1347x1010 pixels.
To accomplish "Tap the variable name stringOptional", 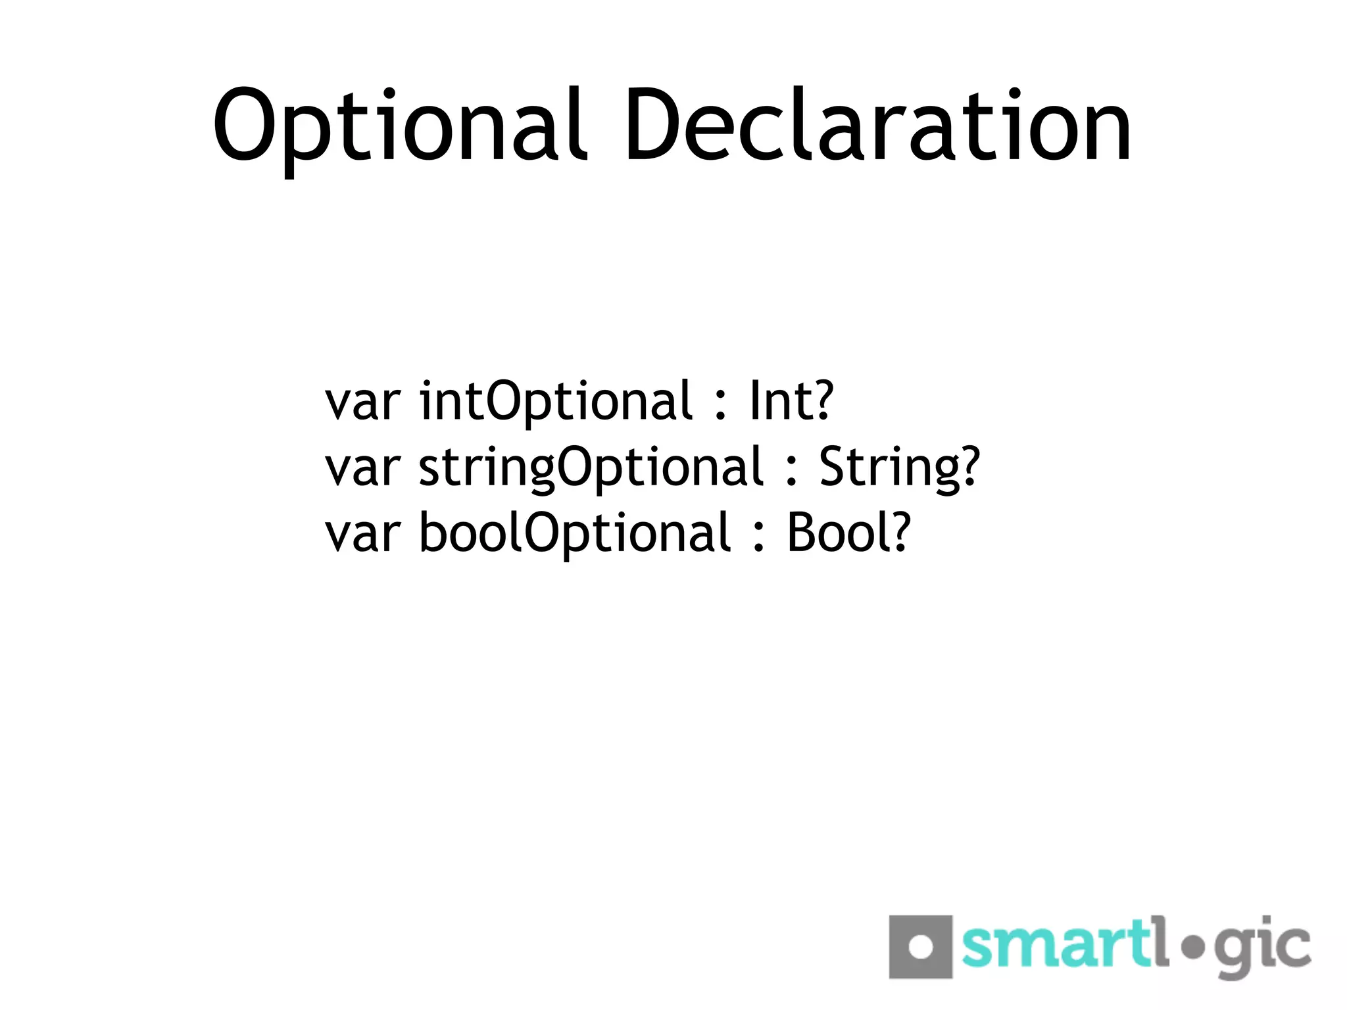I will (x=591, y=468).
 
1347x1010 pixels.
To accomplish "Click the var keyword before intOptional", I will (x=362, y=402).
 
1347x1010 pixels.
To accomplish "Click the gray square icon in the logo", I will (x=920, y=946).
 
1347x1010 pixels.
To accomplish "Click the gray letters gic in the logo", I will (x=1261, y=950).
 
